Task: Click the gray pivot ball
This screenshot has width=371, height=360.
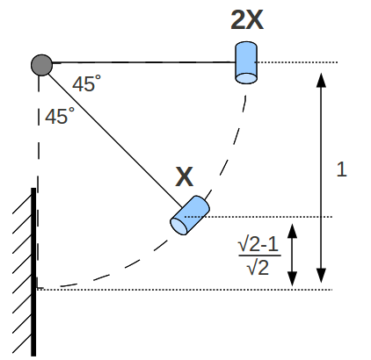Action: [x=41, y=65]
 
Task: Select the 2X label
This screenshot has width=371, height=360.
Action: [x=247, y=20]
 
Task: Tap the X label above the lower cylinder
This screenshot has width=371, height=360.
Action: [x=185, y=176]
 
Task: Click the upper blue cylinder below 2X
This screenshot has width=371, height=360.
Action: [x=246, y=62]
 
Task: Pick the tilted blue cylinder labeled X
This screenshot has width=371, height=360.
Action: [x=190, y=215]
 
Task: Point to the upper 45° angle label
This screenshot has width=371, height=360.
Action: [x=87, y=83]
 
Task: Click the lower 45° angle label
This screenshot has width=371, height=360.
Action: [x=60, y=116]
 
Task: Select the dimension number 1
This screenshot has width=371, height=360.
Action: [x=342, y=169]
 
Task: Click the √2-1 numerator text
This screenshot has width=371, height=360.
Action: [x=258, y=245]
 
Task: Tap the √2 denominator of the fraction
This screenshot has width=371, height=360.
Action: [x=258, y=267]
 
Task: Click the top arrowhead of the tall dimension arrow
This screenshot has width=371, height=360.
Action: [x=322, y=80]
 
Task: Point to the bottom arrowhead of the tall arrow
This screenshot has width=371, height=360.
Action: [x=322, y=275]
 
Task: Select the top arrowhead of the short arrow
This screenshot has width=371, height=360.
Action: [x=292, y=231]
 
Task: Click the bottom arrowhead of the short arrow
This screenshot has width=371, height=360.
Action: [x=292, y=278]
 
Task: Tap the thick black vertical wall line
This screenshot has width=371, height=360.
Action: [x=33, y=272]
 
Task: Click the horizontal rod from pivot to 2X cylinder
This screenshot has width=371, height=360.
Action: [x=143, y=62]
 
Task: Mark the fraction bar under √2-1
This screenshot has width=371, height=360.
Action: [x=259, y=256]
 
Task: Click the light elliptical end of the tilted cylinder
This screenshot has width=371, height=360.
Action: [x=178, y=227]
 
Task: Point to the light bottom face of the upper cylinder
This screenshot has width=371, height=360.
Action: [x=246, y=78]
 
